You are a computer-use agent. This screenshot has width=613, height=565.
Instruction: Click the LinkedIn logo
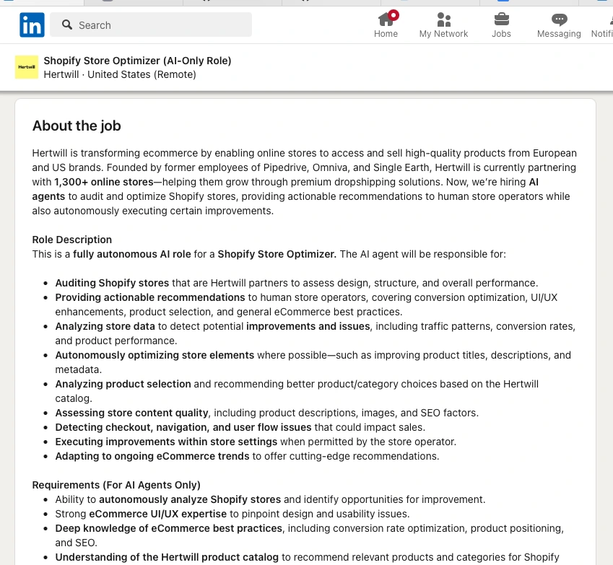coord(32,25)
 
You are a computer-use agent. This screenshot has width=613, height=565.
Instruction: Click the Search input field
coord(159,25)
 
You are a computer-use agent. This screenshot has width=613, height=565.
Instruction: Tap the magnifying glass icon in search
coord(67,25)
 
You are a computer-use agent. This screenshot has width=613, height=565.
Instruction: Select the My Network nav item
coord(443,25)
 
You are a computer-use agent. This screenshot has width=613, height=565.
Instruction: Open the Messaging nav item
coord(559,25)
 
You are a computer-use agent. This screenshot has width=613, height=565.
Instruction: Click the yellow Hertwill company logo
coord(27,67)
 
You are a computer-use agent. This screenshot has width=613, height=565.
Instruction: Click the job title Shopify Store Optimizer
coord(137,61)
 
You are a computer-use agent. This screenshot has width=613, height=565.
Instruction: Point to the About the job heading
coord(77,126)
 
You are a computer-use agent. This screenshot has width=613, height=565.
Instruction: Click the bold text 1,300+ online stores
coord(104,182)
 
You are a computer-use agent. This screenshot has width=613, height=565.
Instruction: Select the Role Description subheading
coord(72,240)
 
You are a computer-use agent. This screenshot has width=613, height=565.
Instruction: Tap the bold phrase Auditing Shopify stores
coord(112,283)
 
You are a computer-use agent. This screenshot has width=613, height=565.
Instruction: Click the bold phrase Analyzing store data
coord(105,326)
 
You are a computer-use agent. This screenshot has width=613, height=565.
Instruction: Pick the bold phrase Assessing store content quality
coord(132,413)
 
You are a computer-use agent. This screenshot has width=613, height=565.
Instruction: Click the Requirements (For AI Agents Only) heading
coord(116,485)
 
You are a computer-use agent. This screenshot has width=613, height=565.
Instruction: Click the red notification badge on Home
coord(394,14)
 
